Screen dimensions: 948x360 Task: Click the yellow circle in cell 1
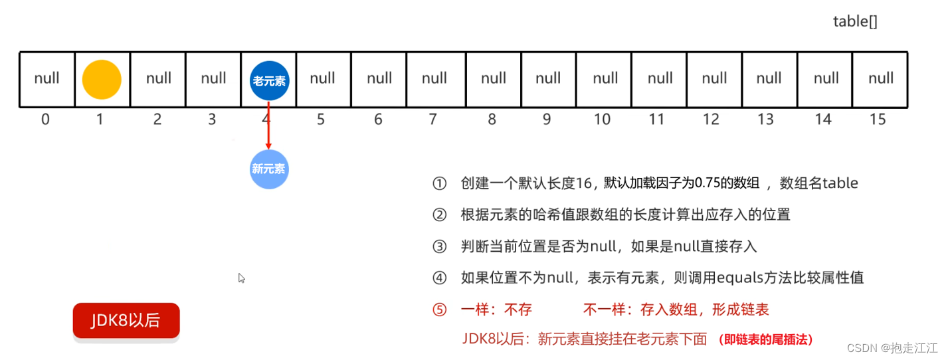[102, 80]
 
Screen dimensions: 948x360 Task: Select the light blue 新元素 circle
[268, 169]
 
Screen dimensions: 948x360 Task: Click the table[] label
[855, 21]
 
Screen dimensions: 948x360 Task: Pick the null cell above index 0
[47, 78]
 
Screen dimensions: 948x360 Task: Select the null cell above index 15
[881, 78]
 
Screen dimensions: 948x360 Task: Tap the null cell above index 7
[434, 78]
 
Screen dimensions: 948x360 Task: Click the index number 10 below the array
[602, 120]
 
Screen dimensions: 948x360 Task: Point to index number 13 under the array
[766, 120]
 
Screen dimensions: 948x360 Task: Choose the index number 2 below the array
[157, 120]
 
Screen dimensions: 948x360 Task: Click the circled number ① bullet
[439, 183]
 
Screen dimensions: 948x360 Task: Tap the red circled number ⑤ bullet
[439, 310]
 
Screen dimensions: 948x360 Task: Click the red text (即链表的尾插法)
[765, 339]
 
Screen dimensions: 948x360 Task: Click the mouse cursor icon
[242, 278]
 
